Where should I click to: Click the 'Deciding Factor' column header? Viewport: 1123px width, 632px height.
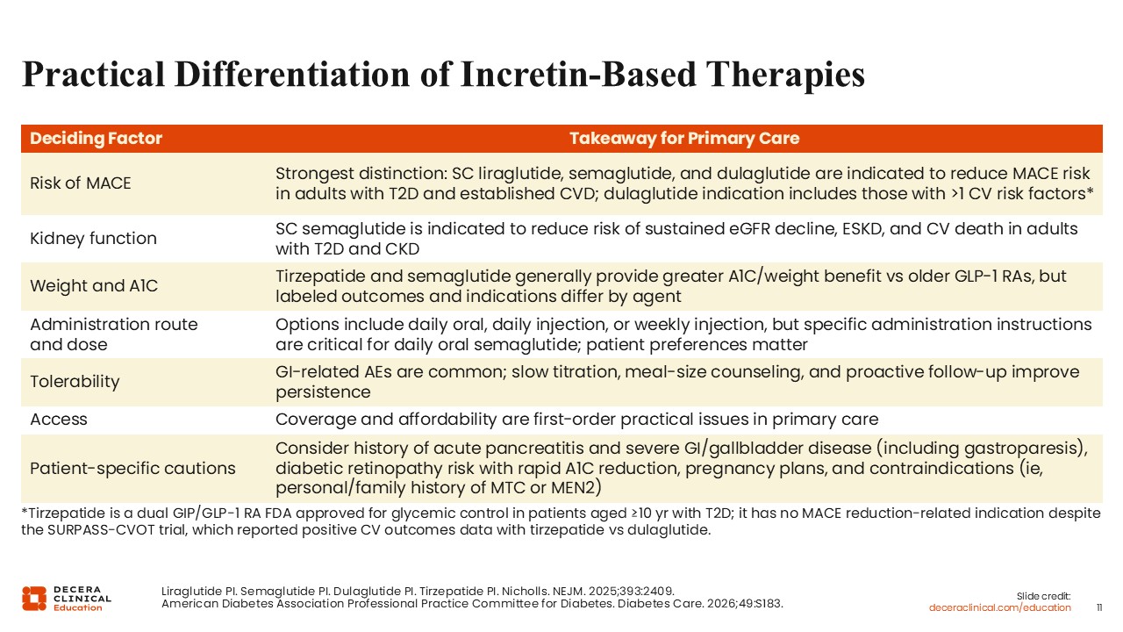96,138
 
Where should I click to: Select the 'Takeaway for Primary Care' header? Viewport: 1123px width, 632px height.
684,138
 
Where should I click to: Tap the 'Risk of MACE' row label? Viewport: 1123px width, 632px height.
80,183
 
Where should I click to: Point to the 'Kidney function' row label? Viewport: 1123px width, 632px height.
93,238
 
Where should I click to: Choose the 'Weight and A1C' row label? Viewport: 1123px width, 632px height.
94,286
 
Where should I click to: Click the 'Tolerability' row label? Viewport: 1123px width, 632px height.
75,382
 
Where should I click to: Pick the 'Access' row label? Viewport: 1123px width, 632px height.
59,420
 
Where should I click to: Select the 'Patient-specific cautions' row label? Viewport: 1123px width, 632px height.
132,469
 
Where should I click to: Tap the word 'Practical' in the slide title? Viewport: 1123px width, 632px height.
93,75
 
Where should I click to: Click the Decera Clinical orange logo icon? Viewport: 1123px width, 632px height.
34,599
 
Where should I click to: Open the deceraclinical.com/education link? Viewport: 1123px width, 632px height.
999,608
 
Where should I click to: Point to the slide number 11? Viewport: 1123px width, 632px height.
1099,608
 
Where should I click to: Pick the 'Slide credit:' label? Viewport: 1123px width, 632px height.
1043,596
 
